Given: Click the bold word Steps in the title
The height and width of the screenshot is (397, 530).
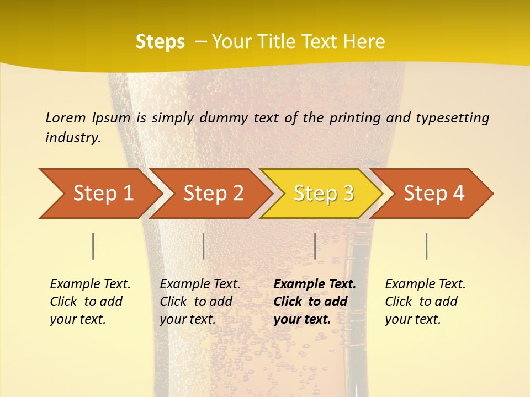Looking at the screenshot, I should pos(160,41).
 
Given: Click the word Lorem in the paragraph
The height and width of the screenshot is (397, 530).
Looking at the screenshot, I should pos(66,117).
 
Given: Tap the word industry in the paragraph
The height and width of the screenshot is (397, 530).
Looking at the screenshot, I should pos(72,137).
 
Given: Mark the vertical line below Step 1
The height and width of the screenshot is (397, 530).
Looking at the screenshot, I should pos(93,246).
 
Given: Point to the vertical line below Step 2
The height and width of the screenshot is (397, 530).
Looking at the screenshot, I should pos(204,246).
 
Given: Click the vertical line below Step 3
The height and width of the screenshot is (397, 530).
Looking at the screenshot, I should pos(315,246).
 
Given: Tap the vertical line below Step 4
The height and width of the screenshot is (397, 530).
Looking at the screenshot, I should pos(426,246).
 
